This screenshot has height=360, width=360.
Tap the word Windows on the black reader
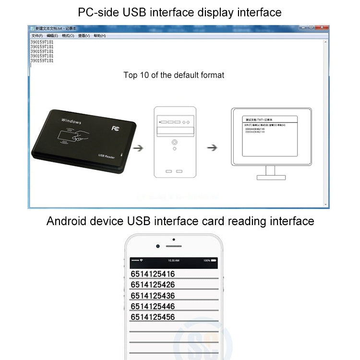[x=72, y=120]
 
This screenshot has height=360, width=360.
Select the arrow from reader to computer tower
[x=138, y=148]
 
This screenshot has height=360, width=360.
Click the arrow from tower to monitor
[x=212, y=148]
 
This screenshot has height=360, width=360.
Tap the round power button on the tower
[x=174, y=143]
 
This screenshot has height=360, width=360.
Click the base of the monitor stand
[x=271, y=177]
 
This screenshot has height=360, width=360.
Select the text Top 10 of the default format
[x=174, y=75]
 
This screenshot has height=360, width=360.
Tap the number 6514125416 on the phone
[x=153, y=274]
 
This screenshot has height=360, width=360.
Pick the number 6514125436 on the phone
[x=153, y=296]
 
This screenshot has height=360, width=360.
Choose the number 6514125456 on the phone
[x=153, y=317]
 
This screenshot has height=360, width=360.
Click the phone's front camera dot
[x=158, y=246]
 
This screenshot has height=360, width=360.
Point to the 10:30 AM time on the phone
[x=174, y=261]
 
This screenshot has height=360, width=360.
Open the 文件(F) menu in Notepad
[x=37, y=36]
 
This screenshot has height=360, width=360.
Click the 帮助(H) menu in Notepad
[x=99, y=36]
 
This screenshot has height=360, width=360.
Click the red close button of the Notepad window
[x=322, y=27]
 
